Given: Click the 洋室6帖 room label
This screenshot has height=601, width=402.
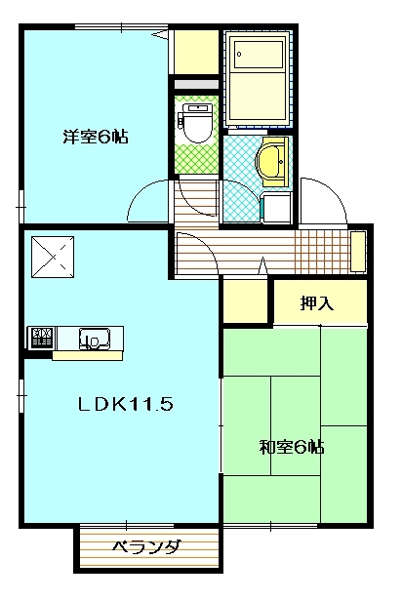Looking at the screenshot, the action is [x=96, y=136].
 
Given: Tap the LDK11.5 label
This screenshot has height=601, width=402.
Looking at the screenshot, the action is [x=126, y=404].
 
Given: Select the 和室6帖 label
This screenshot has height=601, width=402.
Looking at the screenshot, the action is [x=292, y=447].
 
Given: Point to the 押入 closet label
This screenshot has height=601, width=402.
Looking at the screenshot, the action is [x=317, y=303].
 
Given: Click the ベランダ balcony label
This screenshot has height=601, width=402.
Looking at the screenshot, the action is [x=146, y=547].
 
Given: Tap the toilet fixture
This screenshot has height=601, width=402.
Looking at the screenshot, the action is [x=197, y=123].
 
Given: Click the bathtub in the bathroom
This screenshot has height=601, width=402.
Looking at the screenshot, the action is [x=257, y=80].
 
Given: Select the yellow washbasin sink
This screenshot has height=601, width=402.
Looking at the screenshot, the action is [x=271, y=162].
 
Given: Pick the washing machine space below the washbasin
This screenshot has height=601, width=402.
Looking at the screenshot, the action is [x=276, y=208].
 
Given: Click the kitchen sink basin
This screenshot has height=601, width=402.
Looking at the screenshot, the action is [x=95, y=339].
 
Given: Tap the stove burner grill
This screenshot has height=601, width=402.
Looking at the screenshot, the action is [x=41, y=338].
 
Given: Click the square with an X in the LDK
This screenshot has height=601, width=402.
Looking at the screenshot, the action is [x=53, y=257].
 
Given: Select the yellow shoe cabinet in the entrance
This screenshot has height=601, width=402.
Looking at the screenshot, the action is [x=358, y=252].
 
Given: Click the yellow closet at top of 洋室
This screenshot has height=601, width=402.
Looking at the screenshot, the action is [x=196, y=52].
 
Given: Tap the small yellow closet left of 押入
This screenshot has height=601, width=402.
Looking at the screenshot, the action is [x=245, y=300].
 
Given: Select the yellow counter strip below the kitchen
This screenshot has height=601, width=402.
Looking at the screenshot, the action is [x=88, y=356].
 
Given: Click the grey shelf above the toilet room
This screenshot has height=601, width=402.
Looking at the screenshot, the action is [x=196, y=85].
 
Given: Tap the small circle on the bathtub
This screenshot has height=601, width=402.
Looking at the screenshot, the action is [x=239, y=54].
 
